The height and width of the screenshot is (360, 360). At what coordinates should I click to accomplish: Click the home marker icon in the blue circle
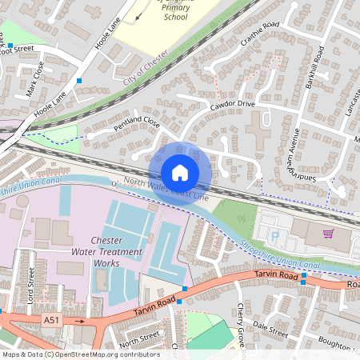coord(180,173)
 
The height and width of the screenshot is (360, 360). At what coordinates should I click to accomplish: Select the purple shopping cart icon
coord(327,234)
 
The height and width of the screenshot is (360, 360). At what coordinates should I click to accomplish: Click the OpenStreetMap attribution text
coord(80,354)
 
